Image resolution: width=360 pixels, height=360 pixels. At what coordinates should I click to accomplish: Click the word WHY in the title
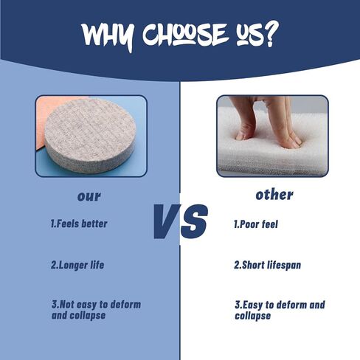[108, 35]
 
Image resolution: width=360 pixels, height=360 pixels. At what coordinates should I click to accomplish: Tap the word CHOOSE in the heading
[184, 34]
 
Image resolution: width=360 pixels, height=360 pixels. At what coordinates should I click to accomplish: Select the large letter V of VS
[167, 221]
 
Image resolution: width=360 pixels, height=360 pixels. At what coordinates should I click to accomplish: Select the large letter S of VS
[194, 221]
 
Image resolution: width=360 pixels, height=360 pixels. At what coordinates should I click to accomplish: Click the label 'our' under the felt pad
[89, 196]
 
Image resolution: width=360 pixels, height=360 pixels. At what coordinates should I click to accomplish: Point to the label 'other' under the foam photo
[274, 195]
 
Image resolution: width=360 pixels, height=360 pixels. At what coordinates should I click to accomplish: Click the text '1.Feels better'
[79, 224]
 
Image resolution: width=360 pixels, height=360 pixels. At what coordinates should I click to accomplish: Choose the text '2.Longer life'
[77, 265]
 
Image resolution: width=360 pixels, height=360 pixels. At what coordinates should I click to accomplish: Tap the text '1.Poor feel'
[256, 224]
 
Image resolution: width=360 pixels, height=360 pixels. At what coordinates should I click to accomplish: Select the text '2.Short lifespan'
[267, 265]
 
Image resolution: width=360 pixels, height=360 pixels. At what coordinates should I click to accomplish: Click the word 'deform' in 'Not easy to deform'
[125, 305]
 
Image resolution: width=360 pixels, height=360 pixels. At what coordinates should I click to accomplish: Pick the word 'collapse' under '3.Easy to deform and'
[253, 316]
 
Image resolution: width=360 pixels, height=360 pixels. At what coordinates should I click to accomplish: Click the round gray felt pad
[90, 135]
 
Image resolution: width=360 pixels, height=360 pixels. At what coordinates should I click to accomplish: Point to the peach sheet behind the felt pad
[46, 118]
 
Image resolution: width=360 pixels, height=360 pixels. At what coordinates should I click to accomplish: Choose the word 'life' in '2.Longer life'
[97, 265]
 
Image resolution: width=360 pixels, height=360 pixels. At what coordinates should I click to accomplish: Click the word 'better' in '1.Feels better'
[94, 224]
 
